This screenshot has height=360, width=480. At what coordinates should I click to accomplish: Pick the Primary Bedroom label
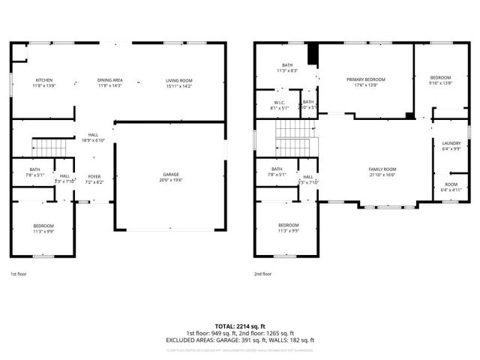tap(365, 81)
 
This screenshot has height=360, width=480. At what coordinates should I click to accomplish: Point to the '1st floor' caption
tap(19, 274)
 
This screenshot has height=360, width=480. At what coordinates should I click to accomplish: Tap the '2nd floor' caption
tap(262, 274)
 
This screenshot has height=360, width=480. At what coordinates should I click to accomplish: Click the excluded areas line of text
tap(240, 340)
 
